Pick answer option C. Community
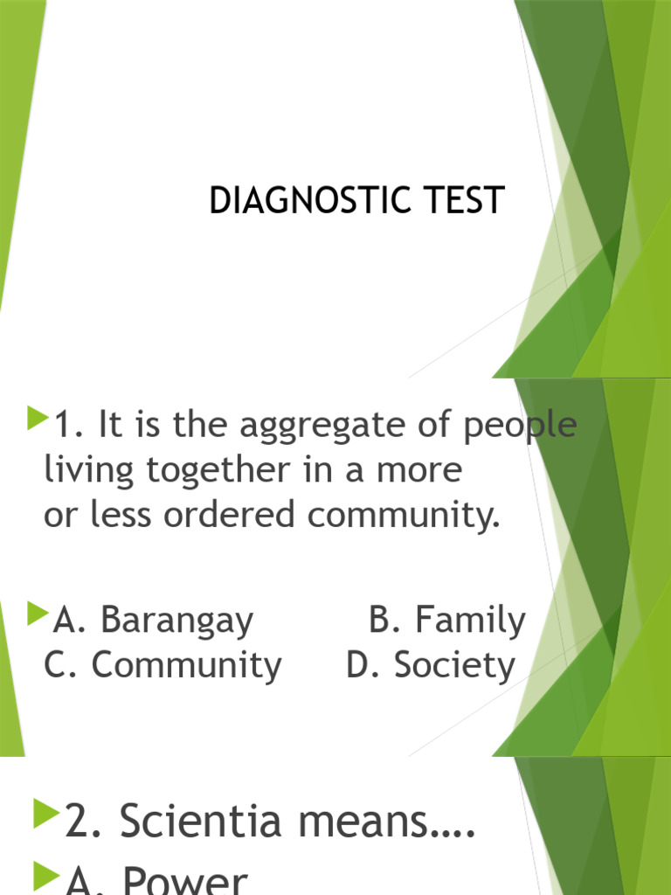[163, 666]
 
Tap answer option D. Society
[431, 666]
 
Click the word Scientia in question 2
[217, 822]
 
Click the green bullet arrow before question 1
[37, 421]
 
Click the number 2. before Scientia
[86, 822]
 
